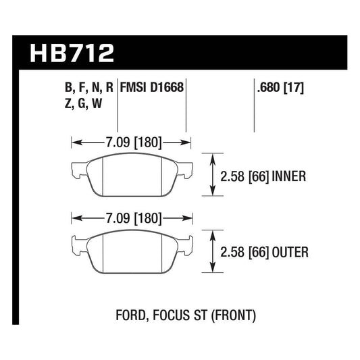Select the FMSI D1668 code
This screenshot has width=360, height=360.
pyautogui.click(x=152, y=87)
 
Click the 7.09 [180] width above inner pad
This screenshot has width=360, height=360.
pyautogui.click(x=132, y=143)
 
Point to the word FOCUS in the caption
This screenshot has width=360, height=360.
pyautogui.click(x=167, y=315)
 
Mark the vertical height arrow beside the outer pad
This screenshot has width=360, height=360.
pyautogui.click(x=214, y=251)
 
